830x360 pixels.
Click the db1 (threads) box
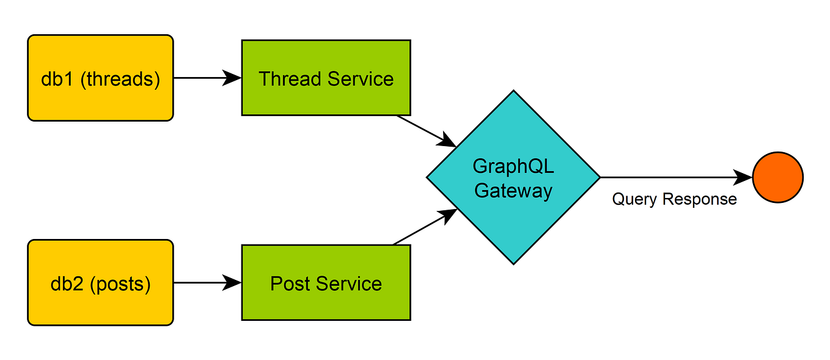pyautogui.click(x=101, y=78)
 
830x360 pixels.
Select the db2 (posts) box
pyautogui.click(x=101, y=282)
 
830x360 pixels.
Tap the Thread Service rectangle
pyautogui.click(x=326, y=78)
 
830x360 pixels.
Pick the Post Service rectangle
pyautogui.click(x=326, y=282)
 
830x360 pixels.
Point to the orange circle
pyautogui.click(x=777, y=177)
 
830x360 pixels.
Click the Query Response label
pyautogui.click(x=674, y=199)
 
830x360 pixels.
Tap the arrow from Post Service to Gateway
pyautogui.click(x=424, y=227)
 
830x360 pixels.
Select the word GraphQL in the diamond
pyautogui.click(x=513, y=167)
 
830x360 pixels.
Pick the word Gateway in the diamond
pyautogui.click(x=513, y=191)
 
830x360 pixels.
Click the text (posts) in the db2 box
pyautogui.click(x=120, y=285)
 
